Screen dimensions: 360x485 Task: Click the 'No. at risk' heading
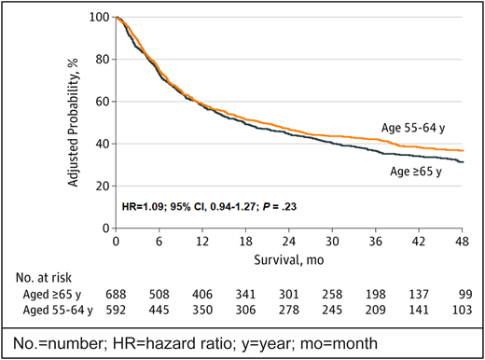click(x=44, y=276)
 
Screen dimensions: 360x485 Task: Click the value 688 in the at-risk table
click(x=115, y=293)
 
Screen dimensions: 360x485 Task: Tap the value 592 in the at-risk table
click(x=115, y=309)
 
